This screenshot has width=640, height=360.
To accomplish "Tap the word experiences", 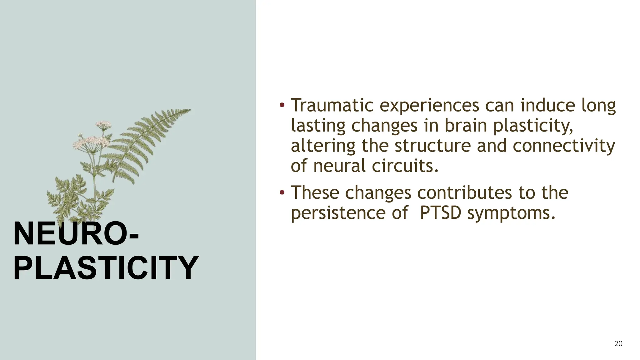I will coord(429,106).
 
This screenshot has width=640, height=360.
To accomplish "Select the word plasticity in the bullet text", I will coord(533,126).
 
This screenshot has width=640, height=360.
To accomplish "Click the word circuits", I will coord(405,166).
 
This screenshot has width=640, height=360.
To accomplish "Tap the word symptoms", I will coord(511,213).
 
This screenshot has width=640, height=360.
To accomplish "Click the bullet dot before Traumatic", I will coord(282,105).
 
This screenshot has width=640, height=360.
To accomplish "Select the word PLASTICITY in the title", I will coord(106,268).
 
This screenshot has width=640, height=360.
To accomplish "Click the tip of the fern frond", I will coord(190,110).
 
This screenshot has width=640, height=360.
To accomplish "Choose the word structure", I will coord(432,146).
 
